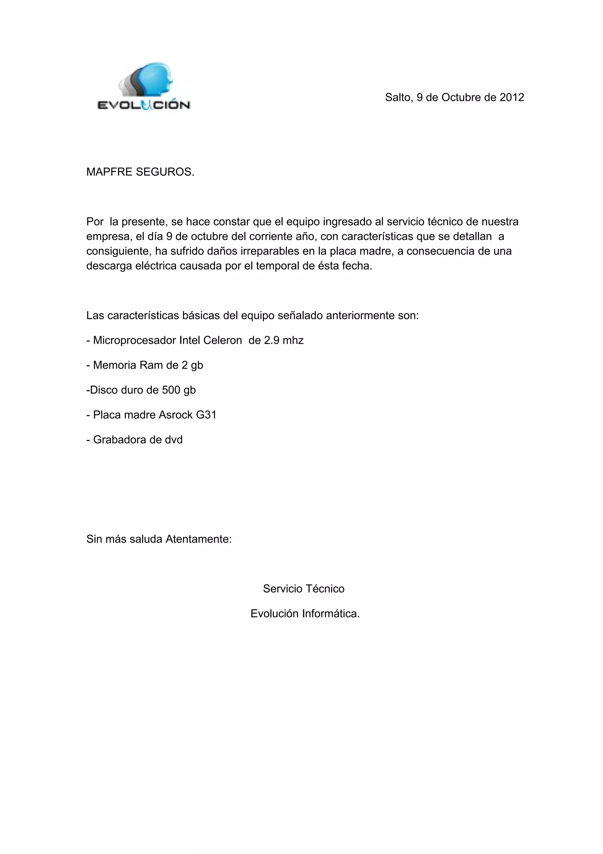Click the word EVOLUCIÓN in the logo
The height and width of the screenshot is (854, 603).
pyautogui.click(x=143, y=105)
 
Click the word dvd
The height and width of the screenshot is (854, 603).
pyautogui.click(x=174, y=440)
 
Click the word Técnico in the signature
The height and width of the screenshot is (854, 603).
pyautogui.click(x=325, y=589)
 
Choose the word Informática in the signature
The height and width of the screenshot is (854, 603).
pyautogui.click(x=331, y=614)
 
